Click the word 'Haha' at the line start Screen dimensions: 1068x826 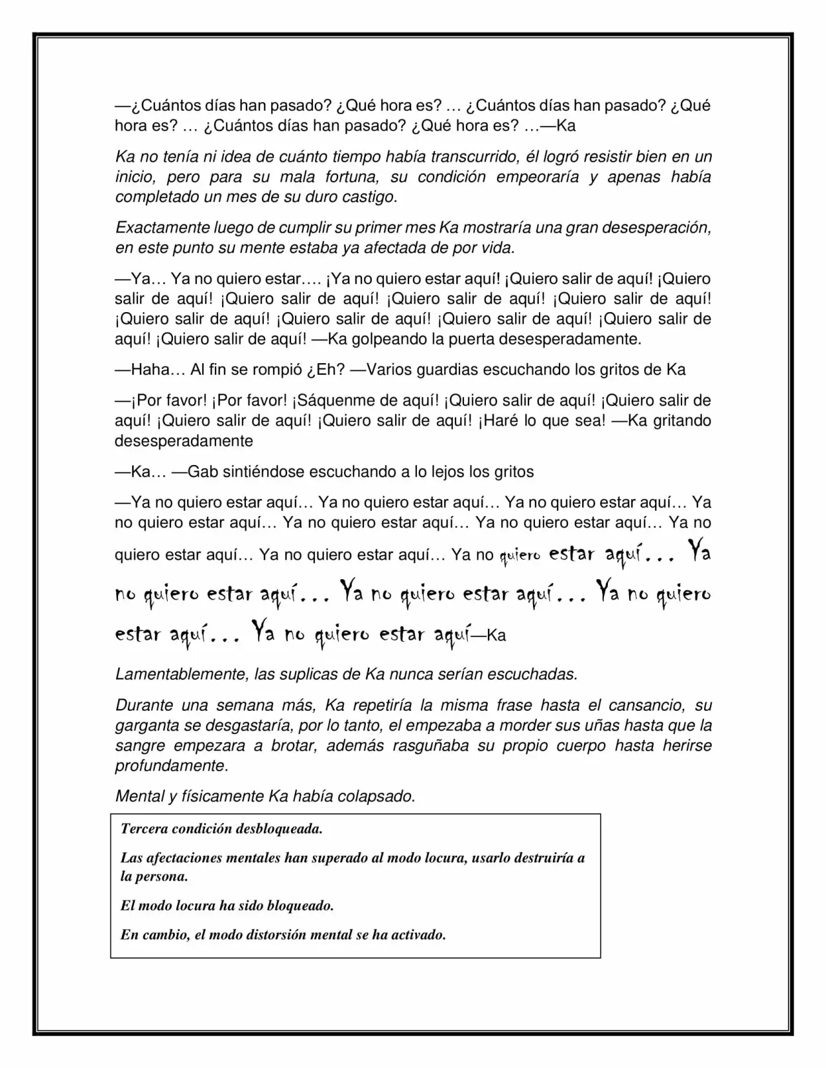pyautogui.click(x=149, y=370)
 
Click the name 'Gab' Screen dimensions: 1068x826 pyautogui.click(x=203, y=471)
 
